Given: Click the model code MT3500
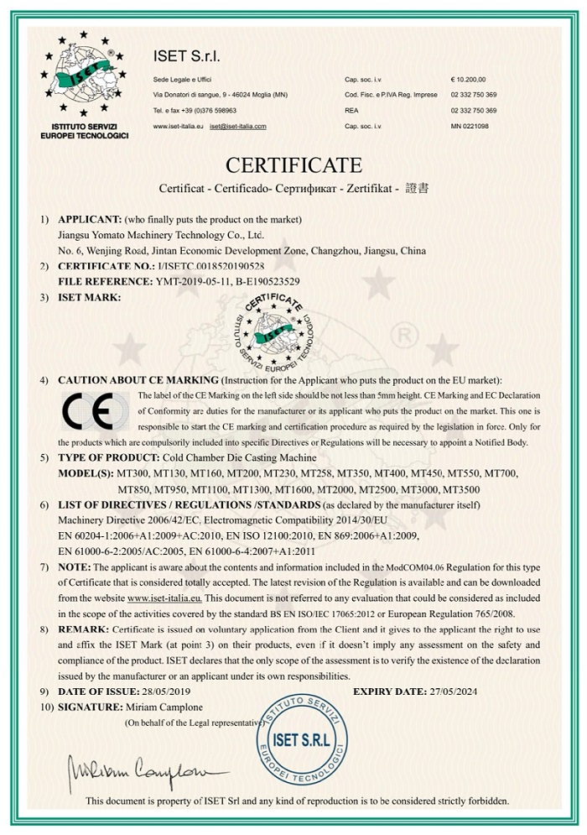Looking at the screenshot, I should pyautogui.click(x=461, y=488).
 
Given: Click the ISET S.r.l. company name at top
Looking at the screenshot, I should pyautogui.click(x=187, y=55).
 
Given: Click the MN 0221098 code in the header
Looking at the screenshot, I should pyautogui.click(x=470, y=127).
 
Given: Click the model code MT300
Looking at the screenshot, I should pyautogui.click(x=134, y=473).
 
